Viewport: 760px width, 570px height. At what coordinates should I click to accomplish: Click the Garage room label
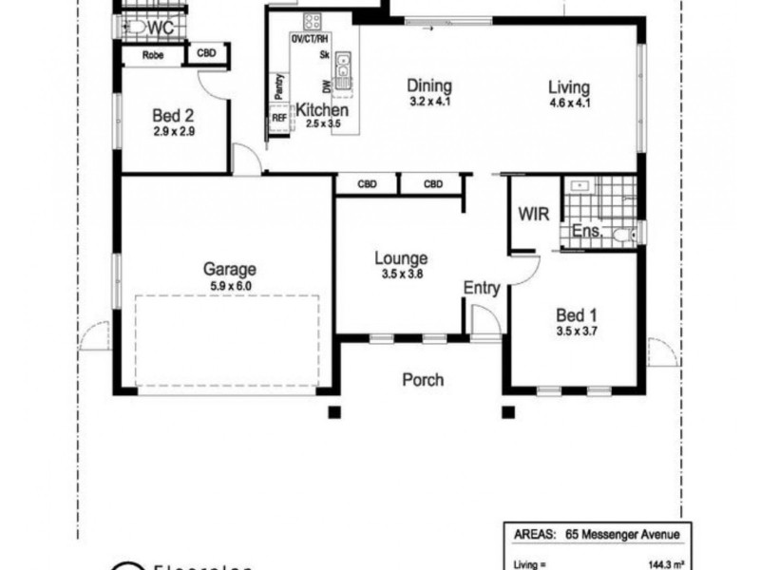tap(229, 269)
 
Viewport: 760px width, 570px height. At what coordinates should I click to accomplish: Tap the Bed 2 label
tap(174, 117)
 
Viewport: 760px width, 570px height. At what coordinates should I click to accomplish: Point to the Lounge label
tap(400, 257)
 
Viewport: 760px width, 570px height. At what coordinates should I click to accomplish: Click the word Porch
tap(423, 380)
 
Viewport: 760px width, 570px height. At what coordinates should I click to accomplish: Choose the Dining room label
tap(429, 85)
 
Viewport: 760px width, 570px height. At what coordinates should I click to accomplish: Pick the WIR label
tap(533, 214)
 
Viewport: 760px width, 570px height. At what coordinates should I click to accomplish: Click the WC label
tap(161, 28)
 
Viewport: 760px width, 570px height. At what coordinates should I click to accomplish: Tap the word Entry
tap(482, 286)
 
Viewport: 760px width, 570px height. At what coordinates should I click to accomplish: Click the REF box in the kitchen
tap(279, 118)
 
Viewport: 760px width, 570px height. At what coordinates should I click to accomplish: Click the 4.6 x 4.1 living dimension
tap(570, 103)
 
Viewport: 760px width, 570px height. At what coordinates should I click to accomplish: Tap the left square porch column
tap(333, 412)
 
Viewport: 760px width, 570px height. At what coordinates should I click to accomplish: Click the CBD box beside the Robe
tap(207, 54)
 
